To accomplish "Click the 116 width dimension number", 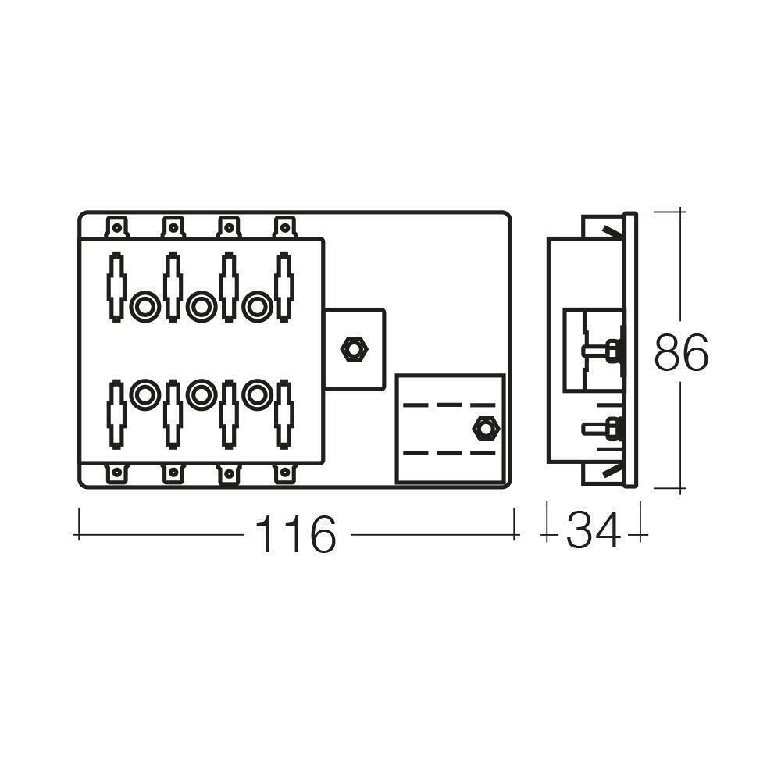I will pos(296,535).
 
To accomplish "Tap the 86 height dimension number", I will pos(681,352).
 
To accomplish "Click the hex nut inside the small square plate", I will pos(354,348).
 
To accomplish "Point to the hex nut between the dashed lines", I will pos(485,429).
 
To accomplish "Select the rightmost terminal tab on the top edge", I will pos(284,227).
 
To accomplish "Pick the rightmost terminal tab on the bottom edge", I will pos(284,473).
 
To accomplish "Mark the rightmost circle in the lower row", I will pos(255,395).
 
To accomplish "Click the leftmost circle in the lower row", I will pos(144,395).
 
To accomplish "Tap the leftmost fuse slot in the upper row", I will pos(116,287).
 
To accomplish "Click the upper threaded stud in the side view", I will pos(602,351).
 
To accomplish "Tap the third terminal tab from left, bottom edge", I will pos(228,473).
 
